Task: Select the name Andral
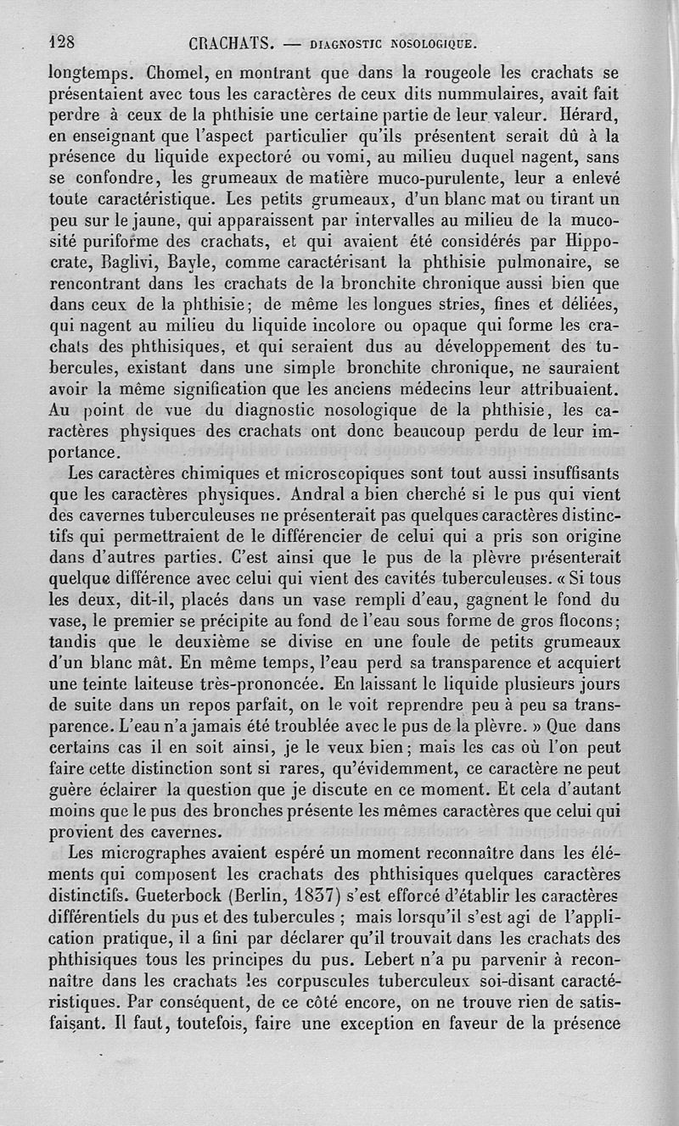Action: (325, 494)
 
